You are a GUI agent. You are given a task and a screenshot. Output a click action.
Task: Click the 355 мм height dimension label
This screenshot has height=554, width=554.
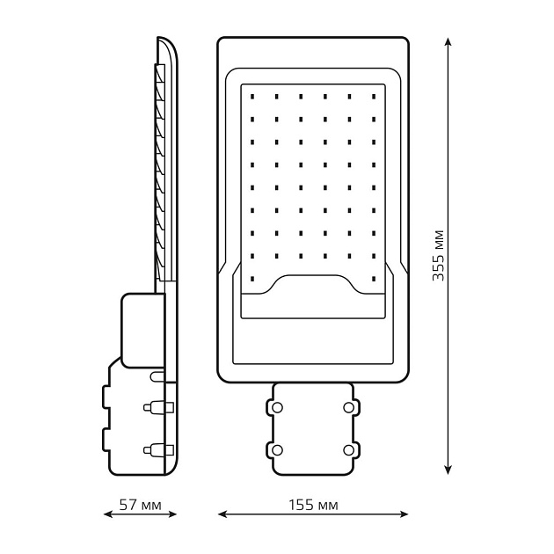(x=438, y=256)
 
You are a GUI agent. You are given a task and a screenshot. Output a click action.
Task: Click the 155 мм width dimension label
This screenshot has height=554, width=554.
(x=313, y=506)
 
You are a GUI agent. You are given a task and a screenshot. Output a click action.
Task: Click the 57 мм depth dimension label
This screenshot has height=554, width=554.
(x=141, y=506)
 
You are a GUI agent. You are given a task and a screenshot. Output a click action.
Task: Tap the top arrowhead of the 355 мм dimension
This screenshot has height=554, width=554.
(x=448, y=42)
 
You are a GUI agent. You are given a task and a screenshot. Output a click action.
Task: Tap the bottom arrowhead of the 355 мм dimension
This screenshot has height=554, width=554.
(x=448, y=469)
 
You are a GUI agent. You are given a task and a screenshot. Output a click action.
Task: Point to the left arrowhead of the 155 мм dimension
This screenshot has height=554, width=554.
(x=222, y=514)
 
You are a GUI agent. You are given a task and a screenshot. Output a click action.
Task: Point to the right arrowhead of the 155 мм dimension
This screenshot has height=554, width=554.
(x=404, y=514)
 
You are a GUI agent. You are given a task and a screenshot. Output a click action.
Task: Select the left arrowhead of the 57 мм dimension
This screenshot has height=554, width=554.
(x=108, y=514)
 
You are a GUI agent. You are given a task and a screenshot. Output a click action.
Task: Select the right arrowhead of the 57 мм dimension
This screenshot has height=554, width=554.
(x=171, y=514)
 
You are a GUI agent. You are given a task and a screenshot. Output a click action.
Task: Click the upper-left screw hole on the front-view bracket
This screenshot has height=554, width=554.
(x=277, y=407)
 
